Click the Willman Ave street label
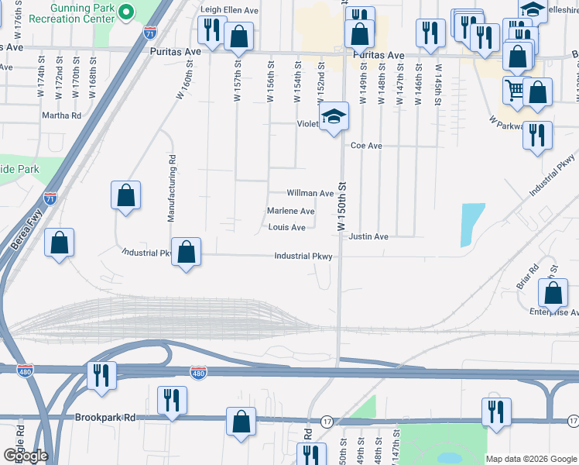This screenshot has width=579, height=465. (x=310, y=193)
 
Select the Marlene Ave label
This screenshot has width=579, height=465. (x=290, y=211)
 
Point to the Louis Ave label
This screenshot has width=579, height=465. (x=286, y=227)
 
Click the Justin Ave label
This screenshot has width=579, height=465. (x=368, y=236)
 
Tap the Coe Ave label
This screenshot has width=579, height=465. (x=366, y=145)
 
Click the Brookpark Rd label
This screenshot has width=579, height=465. (x=105, y=417)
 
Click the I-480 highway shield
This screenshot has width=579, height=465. (x=198, y=373)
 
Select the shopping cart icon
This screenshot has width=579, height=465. (x=514, y=90)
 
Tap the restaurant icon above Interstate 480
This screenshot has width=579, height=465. (x=101, y=375)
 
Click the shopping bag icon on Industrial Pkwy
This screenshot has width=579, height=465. (x=186, y=252)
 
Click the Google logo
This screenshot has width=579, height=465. (x=25, y=456)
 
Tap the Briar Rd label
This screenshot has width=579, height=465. (x=527, y=279)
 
